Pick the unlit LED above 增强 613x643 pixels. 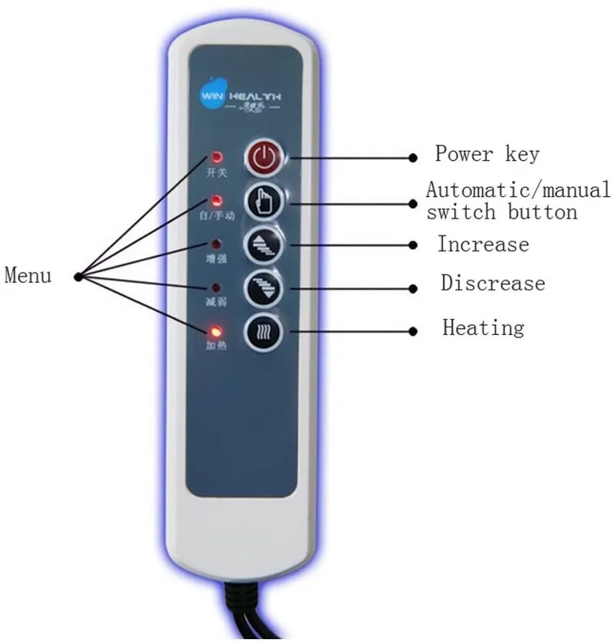tap(217, 246)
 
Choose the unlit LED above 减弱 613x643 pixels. tap(217, 289)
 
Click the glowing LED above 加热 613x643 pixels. tap(217, 333)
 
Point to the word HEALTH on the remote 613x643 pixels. tap(254, 94)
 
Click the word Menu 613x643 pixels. tap(28, 274)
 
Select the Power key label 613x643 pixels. tap(487, 153)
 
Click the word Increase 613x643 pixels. tap(483, 244)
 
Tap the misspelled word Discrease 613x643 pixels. tap(493, 283)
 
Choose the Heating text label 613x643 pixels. tap(484, 328)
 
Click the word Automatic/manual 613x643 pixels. tap(518, 189)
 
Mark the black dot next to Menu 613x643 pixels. tap(77, 274)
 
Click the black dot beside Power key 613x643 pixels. tap(413, 157)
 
